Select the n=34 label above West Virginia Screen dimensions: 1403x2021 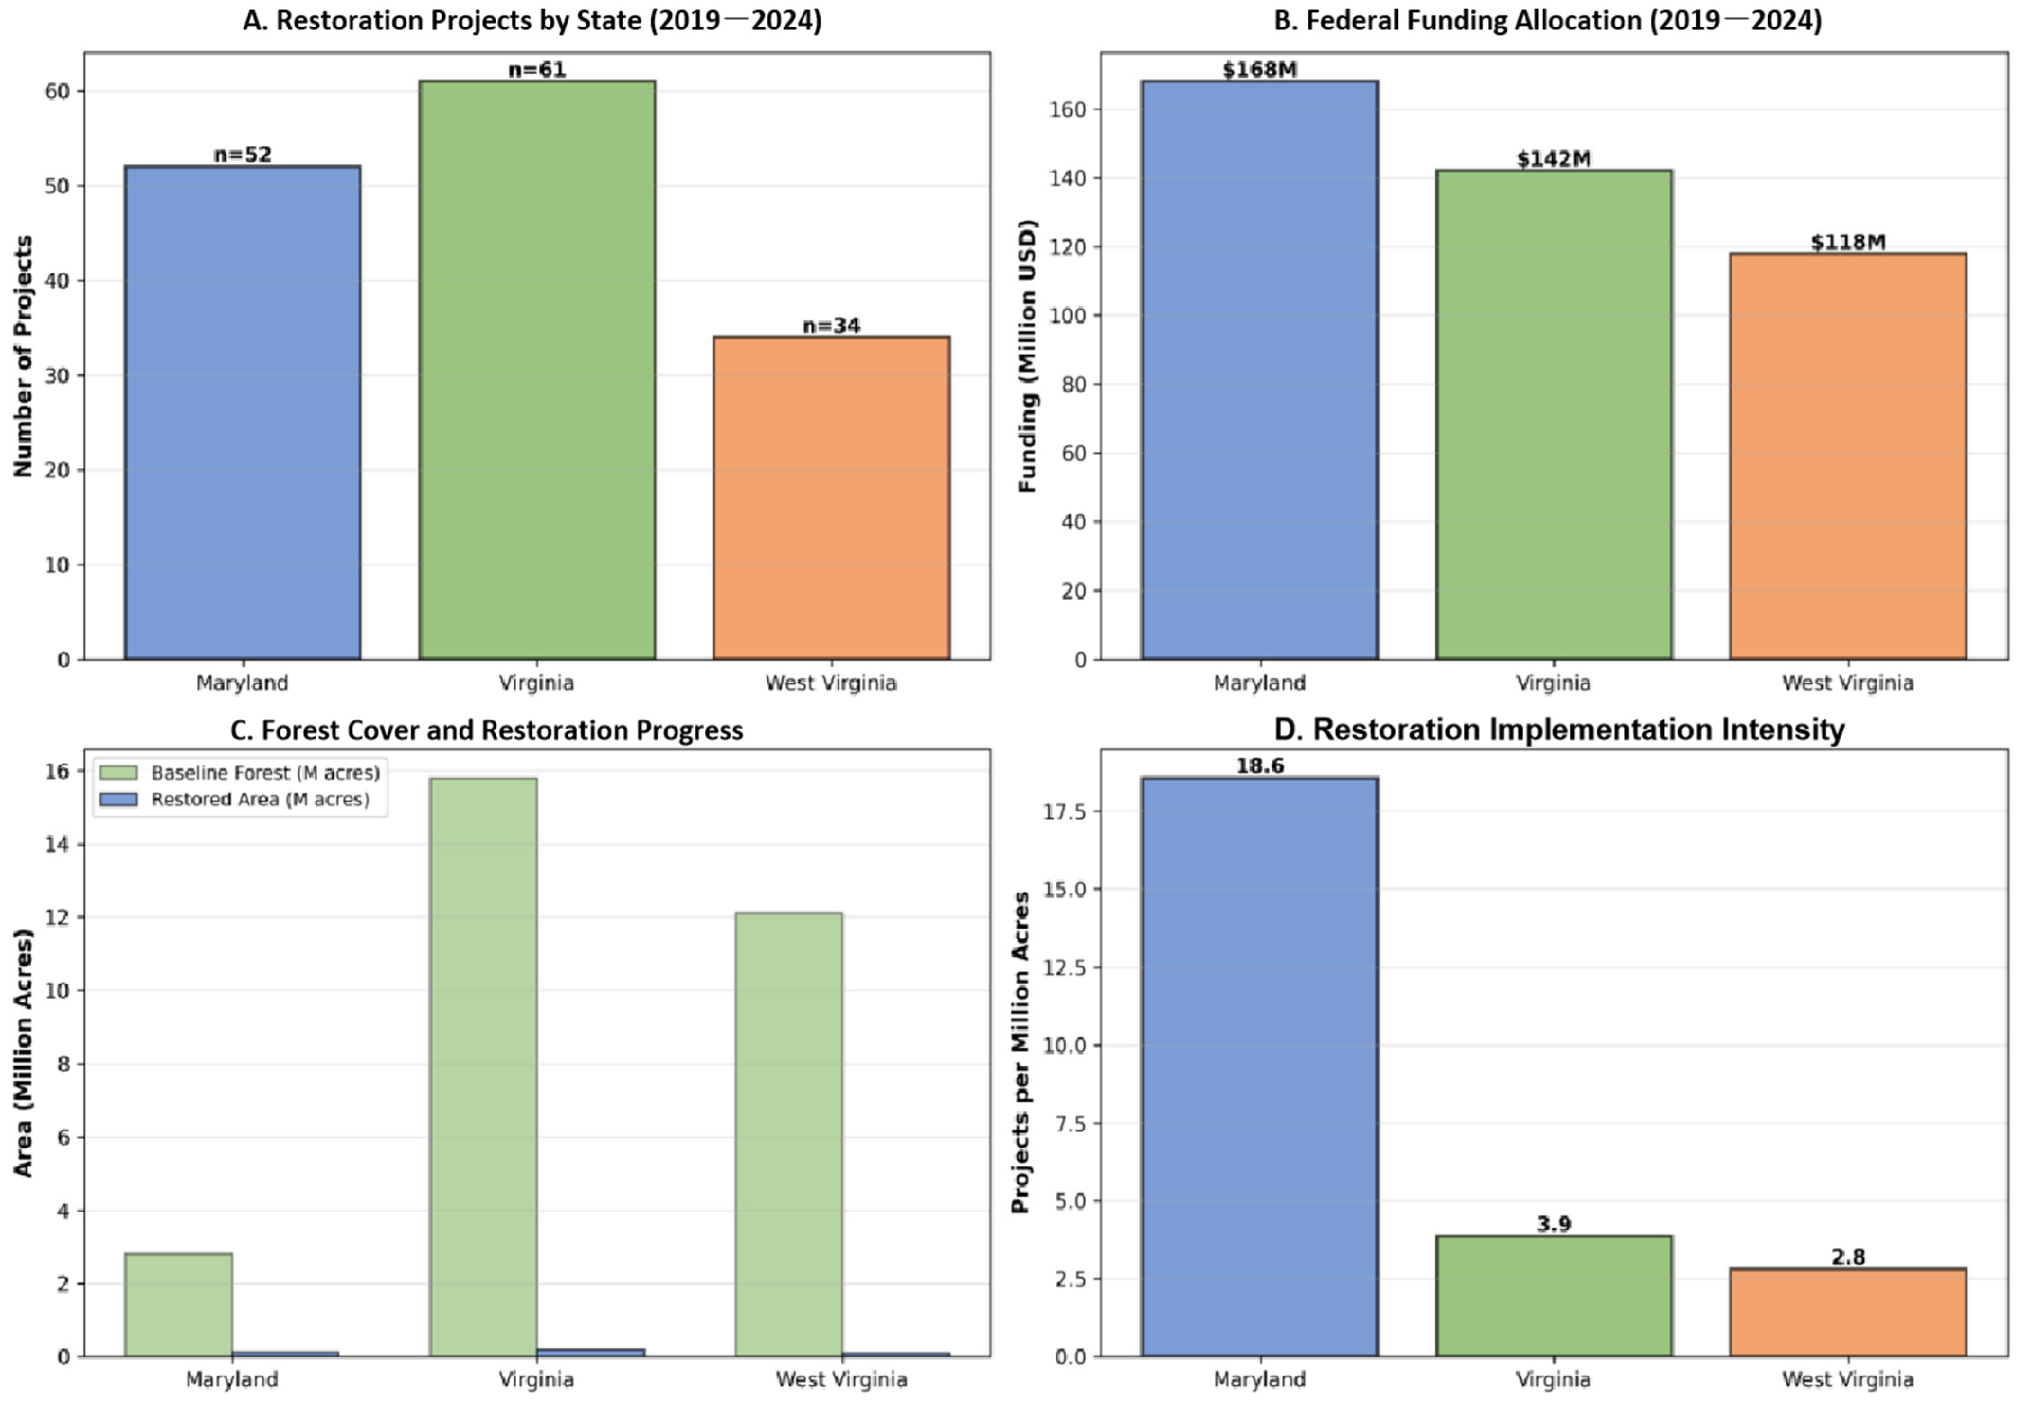point(831,325)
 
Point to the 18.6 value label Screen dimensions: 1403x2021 point(1259,765)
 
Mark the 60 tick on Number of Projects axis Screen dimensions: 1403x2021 point(57,91)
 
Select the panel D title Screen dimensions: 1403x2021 point(1558,729)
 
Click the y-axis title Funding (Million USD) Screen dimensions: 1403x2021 point(1027,356)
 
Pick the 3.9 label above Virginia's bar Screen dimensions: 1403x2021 point(1553,1224)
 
